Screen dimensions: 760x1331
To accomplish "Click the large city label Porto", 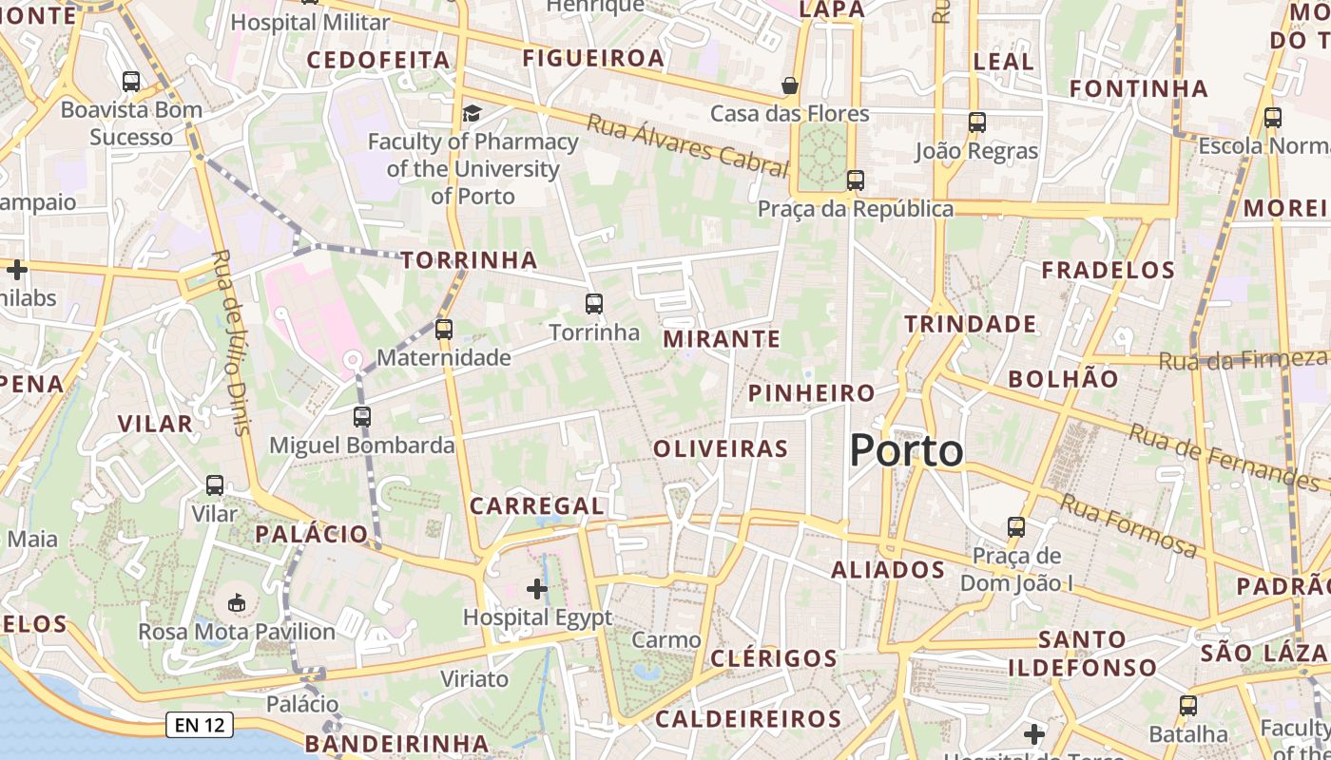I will [906, 450].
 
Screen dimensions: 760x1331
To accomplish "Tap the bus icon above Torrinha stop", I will [594, 304].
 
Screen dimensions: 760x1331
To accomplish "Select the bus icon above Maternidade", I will [443, 330].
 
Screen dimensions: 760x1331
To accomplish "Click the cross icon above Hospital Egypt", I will [537, 589].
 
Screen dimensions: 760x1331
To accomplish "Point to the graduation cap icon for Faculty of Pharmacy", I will [472, 114].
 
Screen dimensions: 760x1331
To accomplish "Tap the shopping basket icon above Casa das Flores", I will [789, 85].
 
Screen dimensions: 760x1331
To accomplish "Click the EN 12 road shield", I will [200, 726].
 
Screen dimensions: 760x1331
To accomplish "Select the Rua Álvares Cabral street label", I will [686, 146].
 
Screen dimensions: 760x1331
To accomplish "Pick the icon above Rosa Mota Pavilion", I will [237, 602].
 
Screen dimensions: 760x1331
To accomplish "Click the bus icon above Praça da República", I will [855, 180].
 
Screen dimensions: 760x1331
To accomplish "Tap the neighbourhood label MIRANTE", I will [722, 339].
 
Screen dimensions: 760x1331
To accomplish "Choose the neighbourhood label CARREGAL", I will [536, 506].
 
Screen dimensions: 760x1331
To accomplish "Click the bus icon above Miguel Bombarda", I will [361, 416].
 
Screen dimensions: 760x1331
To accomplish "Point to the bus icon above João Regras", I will [976, 122].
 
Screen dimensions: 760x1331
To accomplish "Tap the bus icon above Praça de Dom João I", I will [1016, 526].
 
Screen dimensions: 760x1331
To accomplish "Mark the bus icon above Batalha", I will [1187, 706].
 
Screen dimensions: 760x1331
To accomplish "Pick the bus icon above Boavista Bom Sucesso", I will [131, 82].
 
